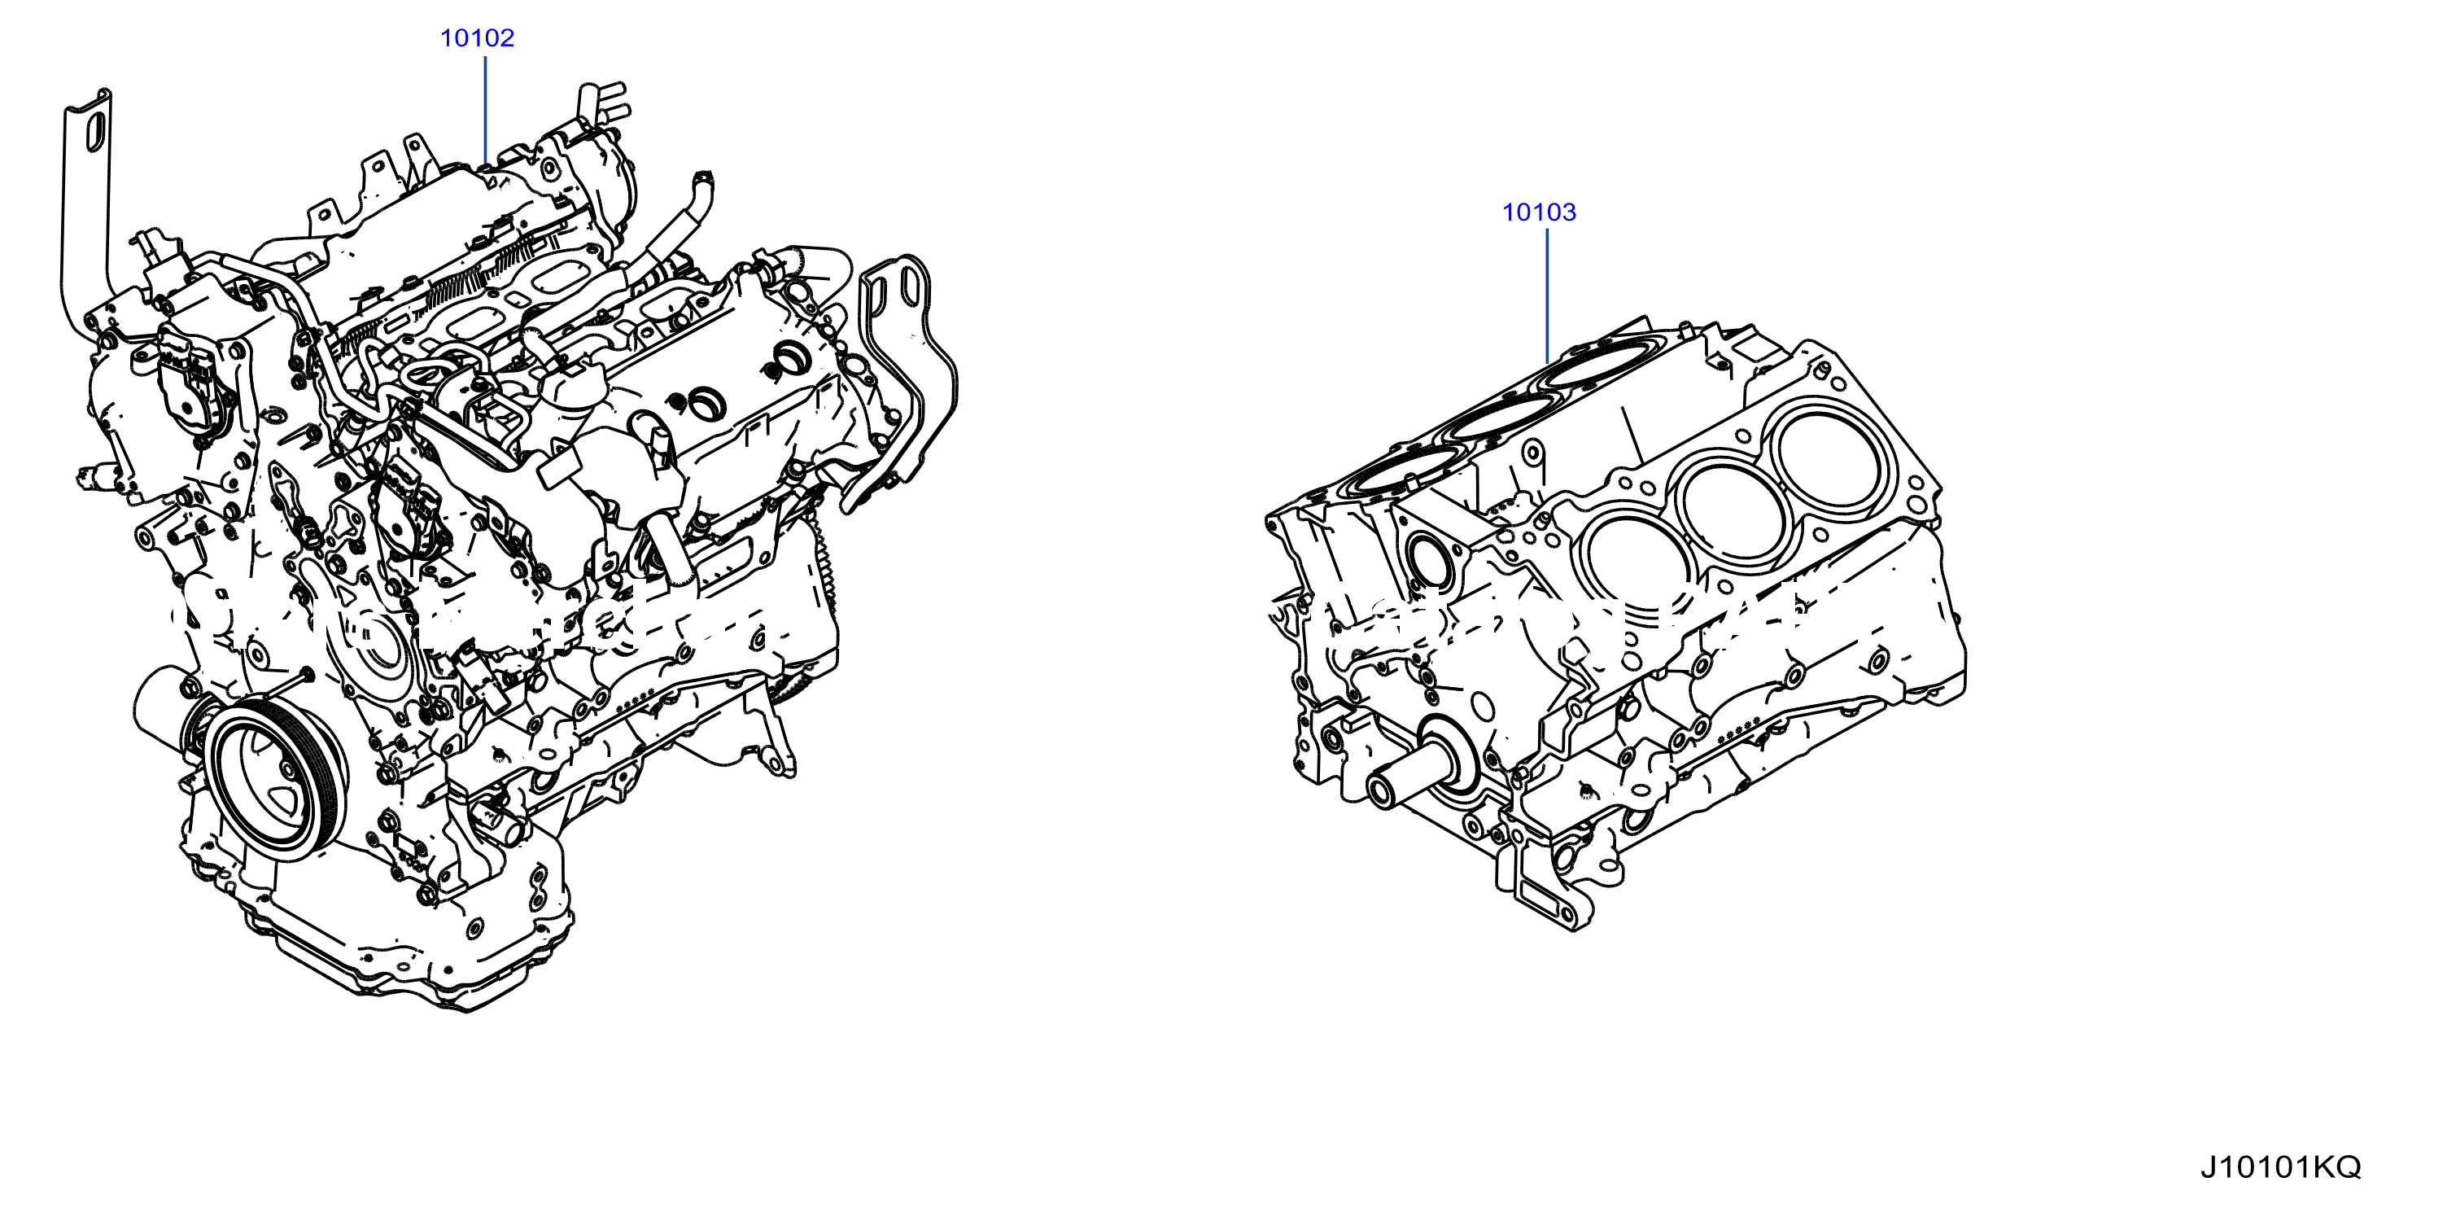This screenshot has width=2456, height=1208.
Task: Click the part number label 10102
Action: pyautogui.click(x=477, y=38)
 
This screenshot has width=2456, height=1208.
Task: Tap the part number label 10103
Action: pyautogui.click(x=1539, y=212)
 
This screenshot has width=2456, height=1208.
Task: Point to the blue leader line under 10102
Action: pyautogui.click(x=485, y=111)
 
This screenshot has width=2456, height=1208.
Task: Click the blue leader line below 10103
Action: pyautogui.click(x=1546, y=296)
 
